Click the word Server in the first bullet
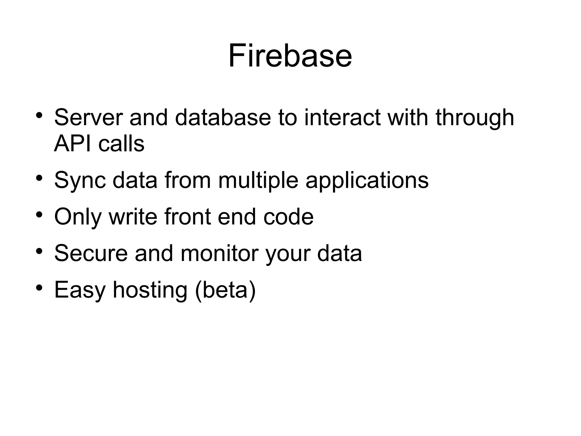pos(89,117)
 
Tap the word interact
pos(342,117)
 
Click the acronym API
pos(73,143)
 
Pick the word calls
pos(121,143)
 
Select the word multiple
pos(258,180)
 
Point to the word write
pos(133,217)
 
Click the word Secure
pos(91,253)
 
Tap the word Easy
pos(80,290)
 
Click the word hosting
pos(150,290)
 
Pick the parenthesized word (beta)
pos(225,290)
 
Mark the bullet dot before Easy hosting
pos(39,288)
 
